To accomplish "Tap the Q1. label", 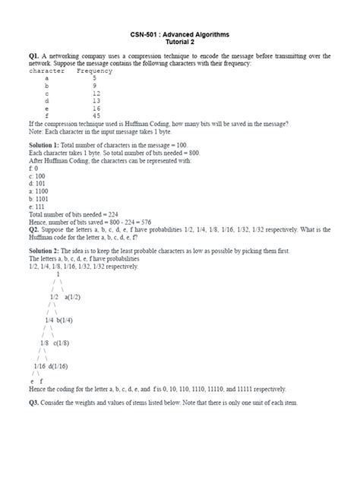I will click(x=34, y=56).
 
